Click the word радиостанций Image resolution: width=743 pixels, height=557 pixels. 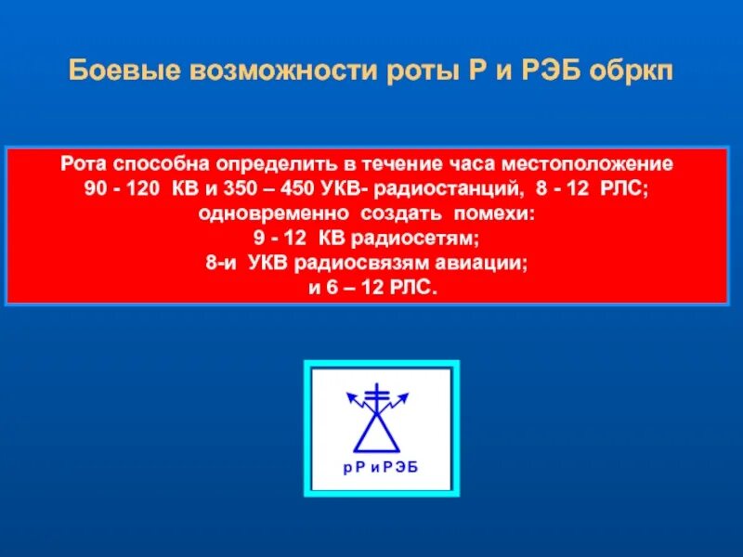point(442,190)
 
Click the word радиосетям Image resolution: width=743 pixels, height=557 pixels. point(419,239)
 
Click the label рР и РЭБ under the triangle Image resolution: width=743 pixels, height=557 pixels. point(381,466)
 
